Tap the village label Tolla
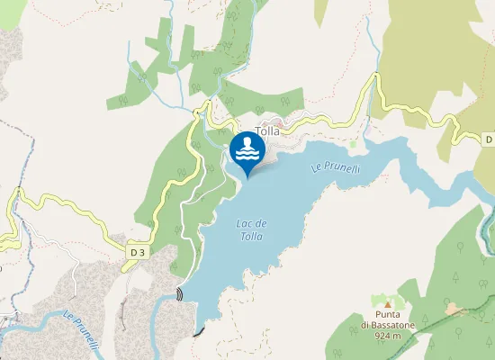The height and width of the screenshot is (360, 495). (x=267, y=131)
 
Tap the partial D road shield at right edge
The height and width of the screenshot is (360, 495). (x=488, y=139)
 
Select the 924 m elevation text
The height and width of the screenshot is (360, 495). (x=387, y=337)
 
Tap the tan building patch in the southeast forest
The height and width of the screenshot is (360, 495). (x=455, y=310)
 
